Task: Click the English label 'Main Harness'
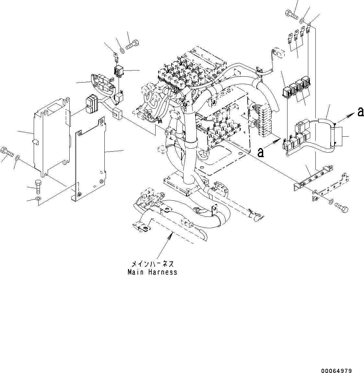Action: (152, 272)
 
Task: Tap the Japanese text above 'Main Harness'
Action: (152, 264)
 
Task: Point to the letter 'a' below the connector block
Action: (261, 152)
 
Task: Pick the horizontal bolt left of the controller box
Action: (7, 151)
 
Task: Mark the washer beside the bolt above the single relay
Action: (122, 50)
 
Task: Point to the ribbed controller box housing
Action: (52, 133)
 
